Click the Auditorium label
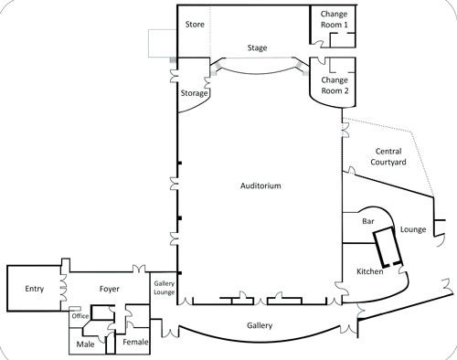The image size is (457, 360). click(260, 185)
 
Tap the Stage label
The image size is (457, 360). click(258, 48)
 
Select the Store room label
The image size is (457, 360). click(194, 24)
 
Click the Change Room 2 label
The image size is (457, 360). click(334, 85)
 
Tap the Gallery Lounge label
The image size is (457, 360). click(165, 289)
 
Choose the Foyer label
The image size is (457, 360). click(111, 289)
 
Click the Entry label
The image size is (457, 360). click(35, 289)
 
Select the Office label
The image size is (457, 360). click(80, 316)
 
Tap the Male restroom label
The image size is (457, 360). click(85, 344)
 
